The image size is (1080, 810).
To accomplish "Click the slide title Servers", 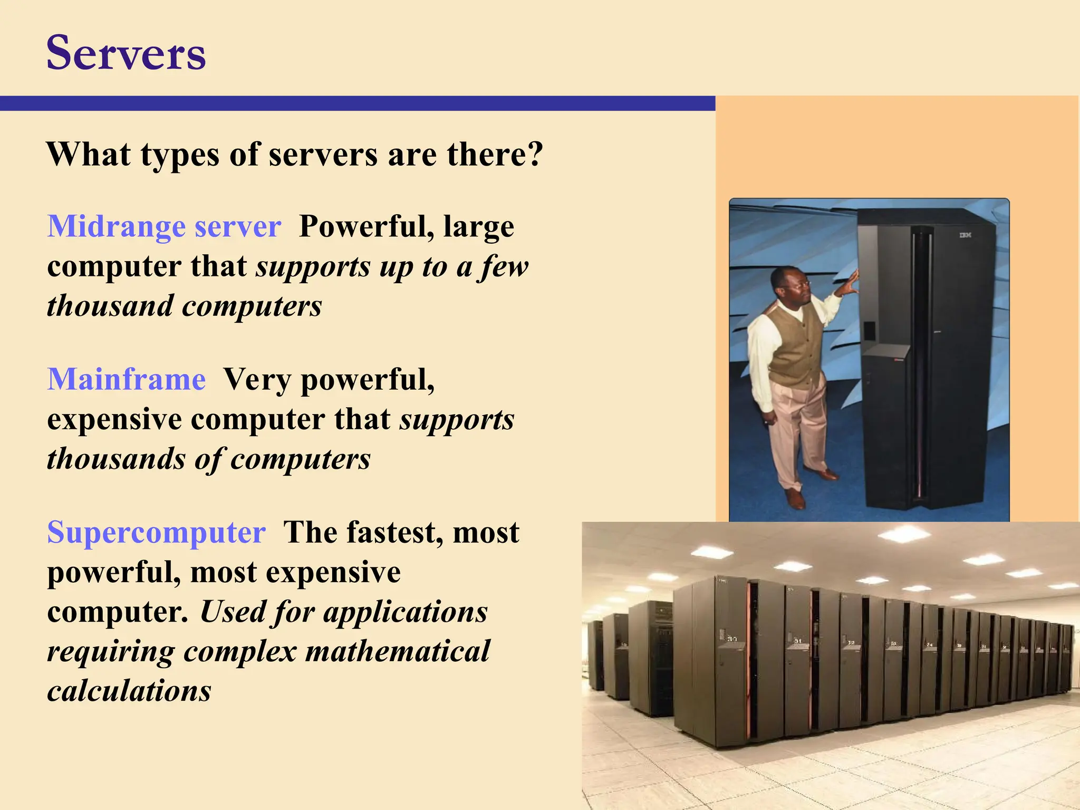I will click(126, 53).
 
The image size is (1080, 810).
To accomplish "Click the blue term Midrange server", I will click(164, 227).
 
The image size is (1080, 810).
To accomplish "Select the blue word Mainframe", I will click(127, 379).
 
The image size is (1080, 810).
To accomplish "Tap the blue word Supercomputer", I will click(156, 532).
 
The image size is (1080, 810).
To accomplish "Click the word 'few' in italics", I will click(504, 266).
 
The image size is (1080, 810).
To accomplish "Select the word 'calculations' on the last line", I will click(129, 691).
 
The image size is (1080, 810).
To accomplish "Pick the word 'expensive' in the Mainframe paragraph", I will click(114, 420).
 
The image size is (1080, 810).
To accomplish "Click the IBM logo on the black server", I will click(965, 235).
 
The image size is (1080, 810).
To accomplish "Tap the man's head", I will click(788, 284).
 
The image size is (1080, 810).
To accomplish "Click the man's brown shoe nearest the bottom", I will click(795, 498).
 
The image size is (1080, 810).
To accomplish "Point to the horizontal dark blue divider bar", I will click(358, 103).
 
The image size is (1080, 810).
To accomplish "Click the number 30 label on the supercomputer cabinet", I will click(732, 639).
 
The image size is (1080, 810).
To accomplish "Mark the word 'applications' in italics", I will click(406, 612).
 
